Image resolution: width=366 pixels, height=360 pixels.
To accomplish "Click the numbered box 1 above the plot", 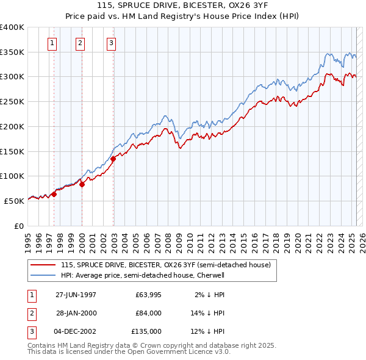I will pyautogui.click(x=52, y=43).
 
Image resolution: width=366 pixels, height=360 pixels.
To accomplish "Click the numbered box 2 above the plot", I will pyautogui.click(x=81, y=43).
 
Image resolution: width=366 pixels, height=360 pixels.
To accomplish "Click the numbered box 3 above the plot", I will pyautogui.click(x=112, y=43).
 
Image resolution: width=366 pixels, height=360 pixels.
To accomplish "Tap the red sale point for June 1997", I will pyautogui.click(x=54, y=194).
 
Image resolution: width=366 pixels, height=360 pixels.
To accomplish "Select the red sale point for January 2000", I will pyautogui.click(x=82, y=184).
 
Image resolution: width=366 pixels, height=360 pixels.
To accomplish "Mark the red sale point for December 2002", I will pyautogui.click(x=113, y=159).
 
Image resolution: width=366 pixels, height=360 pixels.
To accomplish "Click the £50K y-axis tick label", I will pyautogui.click(x=14, y=201).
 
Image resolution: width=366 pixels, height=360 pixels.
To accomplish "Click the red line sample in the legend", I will pyautogui.click(x=43, y=265).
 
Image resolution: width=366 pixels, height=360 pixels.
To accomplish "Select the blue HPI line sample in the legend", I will pyautogui.click(x=43, y=275).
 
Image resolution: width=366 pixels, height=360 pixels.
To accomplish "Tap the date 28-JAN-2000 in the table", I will pyautogui.click(x=76, y=313).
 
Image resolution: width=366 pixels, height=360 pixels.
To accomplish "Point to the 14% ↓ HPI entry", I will pyautogui.click(x=208, y=313).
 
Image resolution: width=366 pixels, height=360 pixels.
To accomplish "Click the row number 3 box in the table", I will pyautogui.click(x=30, y=331).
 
